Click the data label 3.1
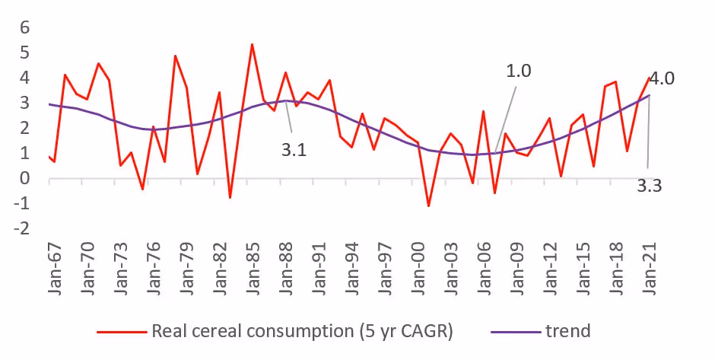point(294,151)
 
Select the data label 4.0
point(663,78)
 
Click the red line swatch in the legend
point(121,332)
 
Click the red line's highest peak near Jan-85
point(252,44)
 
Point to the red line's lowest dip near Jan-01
point(428,206)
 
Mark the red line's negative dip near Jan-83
point(230,198)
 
